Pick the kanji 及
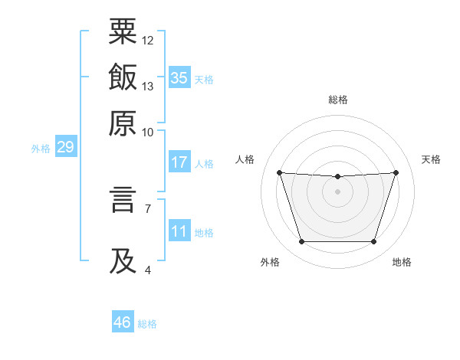(x=123, y=260)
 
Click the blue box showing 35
(x=179, y=77)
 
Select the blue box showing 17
(x=179, y=162)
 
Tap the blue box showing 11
(x=179, y=231)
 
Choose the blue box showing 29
(x=65, y=147)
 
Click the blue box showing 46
(x=123, y=322)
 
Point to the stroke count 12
(x=148, y=40)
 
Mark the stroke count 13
(x=148, y=86)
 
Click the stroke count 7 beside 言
(x=148, y=208)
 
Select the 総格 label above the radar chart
(x=337, y=100)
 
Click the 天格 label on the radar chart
(x=432, y=159)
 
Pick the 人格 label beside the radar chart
(x=245, y=159)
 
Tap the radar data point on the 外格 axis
(x=301, y=242)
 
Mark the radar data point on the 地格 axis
(x=374, y=242)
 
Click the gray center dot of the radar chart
(x=337, y=191)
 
